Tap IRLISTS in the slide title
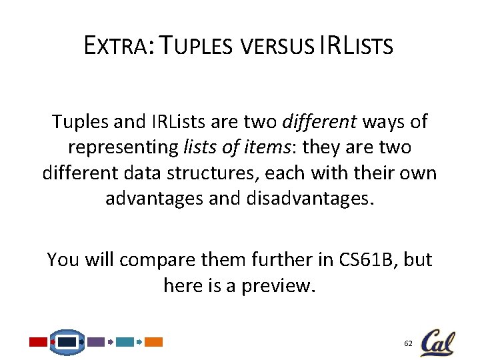pyautogui.click(x=356, y=47)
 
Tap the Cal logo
pyautogui.click(x=438, y=342)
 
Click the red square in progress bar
pyautogui.click(x=38, y=342)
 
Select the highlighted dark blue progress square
pyautogui.click(x=67, y=342)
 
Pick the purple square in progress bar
pyautogui.click(x=96, y=342)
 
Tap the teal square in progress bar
pyautogui.click(x=125, y=342)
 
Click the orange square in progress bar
pyautogui.click(x=154, y=342)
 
